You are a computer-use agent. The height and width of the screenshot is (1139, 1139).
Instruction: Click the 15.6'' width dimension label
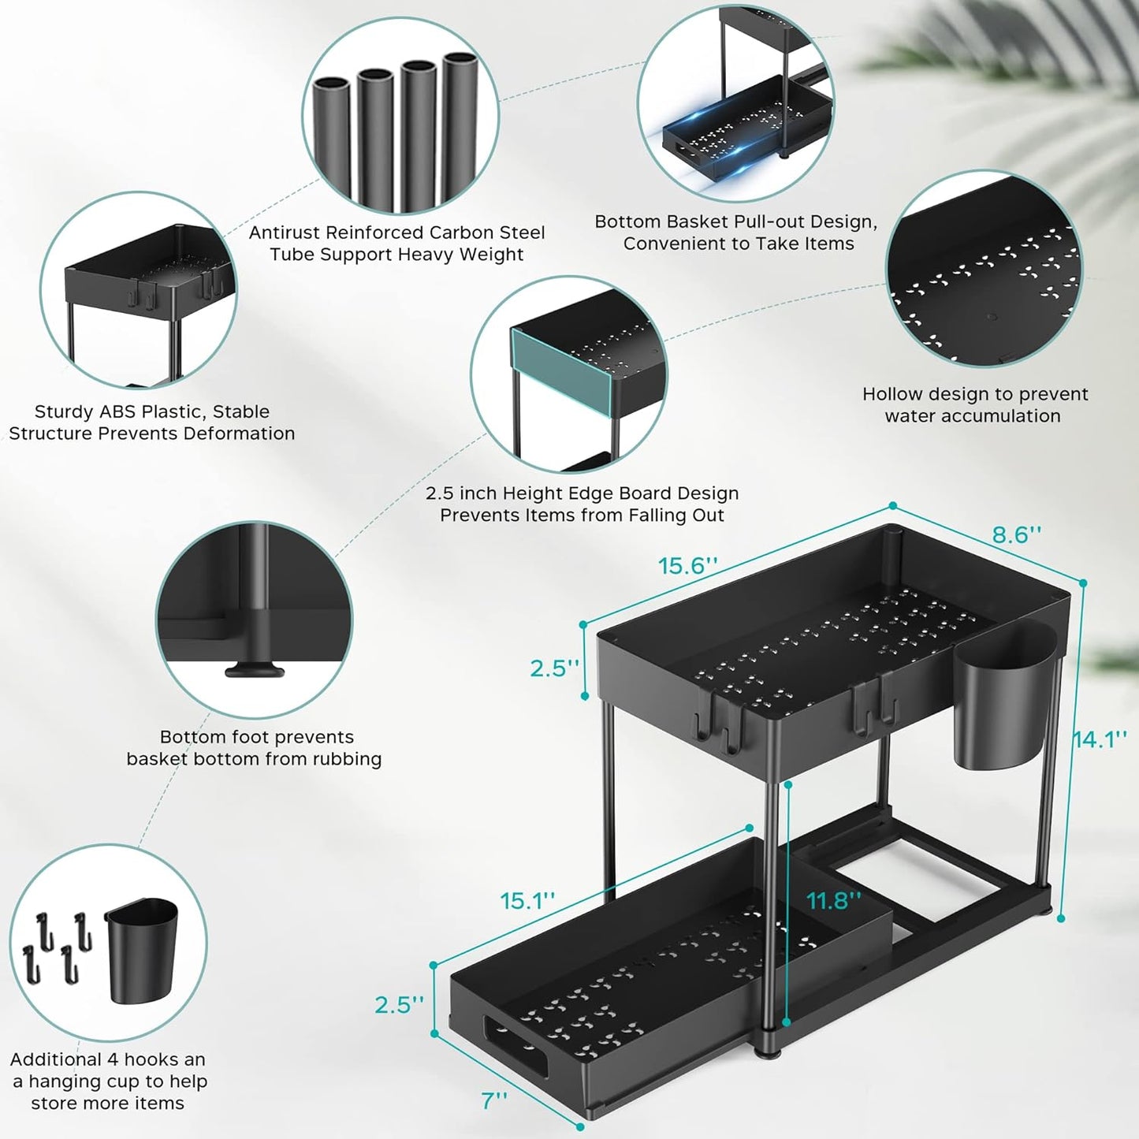[x=688, y=566]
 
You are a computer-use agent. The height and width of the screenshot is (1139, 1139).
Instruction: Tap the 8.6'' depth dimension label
[x=1016, y=534]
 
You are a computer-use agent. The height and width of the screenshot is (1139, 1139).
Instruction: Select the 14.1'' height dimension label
[x=1100, y=739]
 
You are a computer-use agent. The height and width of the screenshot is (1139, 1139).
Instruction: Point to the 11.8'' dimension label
[x=833, y=900]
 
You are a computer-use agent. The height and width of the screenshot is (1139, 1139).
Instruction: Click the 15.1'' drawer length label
[x=527, y=900]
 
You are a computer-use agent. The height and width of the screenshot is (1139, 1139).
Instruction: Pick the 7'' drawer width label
[x=494, y=1100]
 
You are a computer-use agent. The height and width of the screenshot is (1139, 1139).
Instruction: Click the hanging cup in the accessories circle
[x=142, y=951]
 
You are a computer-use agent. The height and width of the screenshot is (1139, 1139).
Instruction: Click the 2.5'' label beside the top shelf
[x=554, y=668]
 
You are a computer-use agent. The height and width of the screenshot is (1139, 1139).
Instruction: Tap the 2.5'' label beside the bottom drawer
[x=399, y=1005]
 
